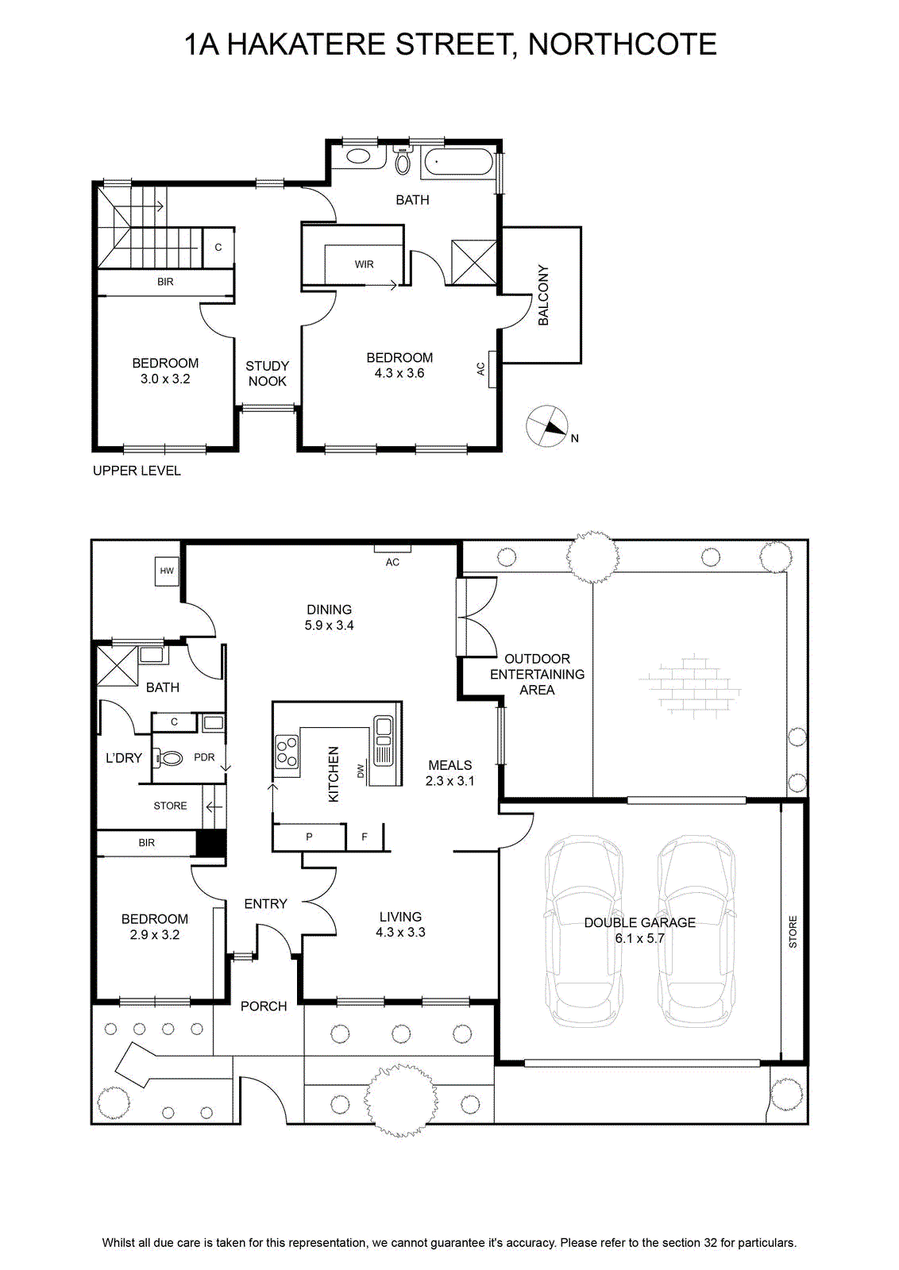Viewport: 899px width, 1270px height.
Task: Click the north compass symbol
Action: [546, 426]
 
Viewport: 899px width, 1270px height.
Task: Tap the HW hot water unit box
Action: [166, 571]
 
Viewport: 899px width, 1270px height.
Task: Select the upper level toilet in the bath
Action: [403, 160]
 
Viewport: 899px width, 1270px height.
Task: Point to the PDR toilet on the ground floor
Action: [170, 757]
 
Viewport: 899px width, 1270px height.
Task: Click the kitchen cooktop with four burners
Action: [287, 751]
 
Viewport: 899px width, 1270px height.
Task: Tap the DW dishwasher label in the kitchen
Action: [361, 771]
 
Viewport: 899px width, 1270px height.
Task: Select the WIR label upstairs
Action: [365, 264]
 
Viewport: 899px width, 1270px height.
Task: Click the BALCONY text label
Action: [543, 294]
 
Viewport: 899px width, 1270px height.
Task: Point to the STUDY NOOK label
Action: [267, 374]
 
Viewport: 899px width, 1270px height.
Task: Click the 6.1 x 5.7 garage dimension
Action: [640, 938]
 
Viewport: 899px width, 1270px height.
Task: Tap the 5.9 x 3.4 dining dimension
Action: [329, 625]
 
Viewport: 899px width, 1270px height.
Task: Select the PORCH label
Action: [264, 1006]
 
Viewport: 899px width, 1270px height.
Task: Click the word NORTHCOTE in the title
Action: [622, 44]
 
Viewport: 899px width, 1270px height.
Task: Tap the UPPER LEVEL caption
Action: [137, 471]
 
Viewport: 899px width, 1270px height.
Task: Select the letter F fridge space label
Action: [365, 837]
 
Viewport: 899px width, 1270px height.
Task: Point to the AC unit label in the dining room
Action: [392, 562]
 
